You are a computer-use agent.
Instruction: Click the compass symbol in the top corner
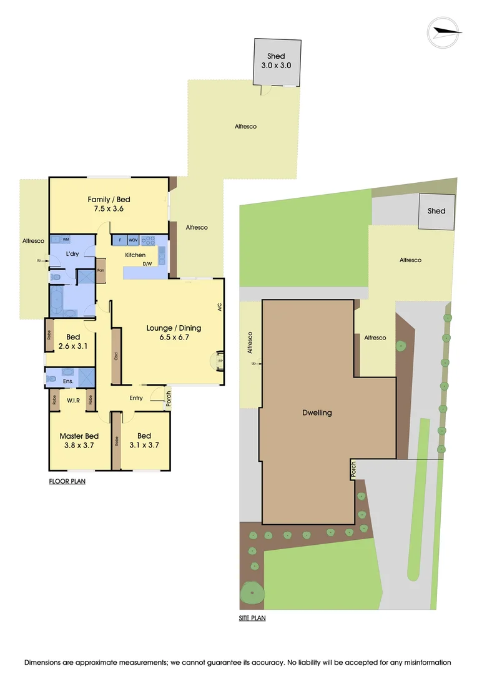point(445,31)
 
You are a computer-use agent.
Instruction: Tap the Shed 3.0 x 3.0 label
point(276,61)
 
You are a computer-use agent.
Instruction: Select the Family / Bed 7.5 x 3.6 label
point(109,204)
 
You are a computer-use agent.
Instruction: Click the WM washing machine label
point(66,240)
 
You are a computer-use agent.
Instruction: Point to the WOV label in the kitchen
point(133,240)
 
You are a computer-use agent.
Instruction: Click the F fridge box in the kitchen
point(119,240)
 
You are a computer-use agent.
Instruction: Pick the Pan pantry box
point(101,271)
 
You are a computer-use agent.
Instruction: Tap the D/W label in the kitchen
point(148,264)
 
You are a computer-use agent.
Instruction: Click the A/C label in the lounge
point(219,307)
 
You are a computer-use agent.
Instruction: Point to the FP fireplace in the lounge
point(220,361)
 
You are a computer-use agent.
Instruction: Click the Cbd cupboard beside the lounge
point(116,357)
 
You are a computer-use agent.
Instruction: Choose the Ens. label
point(68,381)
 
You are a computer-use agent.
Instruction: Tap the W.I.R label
point(72,399)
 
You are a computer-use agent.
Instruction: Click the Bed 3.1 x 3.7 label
point(144,441)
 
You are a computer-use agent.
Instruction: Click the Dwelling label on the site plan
point(318,413)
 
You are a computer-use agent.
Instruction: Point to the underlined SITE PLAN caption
point(253,618)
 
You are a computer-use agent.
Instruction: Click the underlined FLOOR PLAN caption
point(67,481)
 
